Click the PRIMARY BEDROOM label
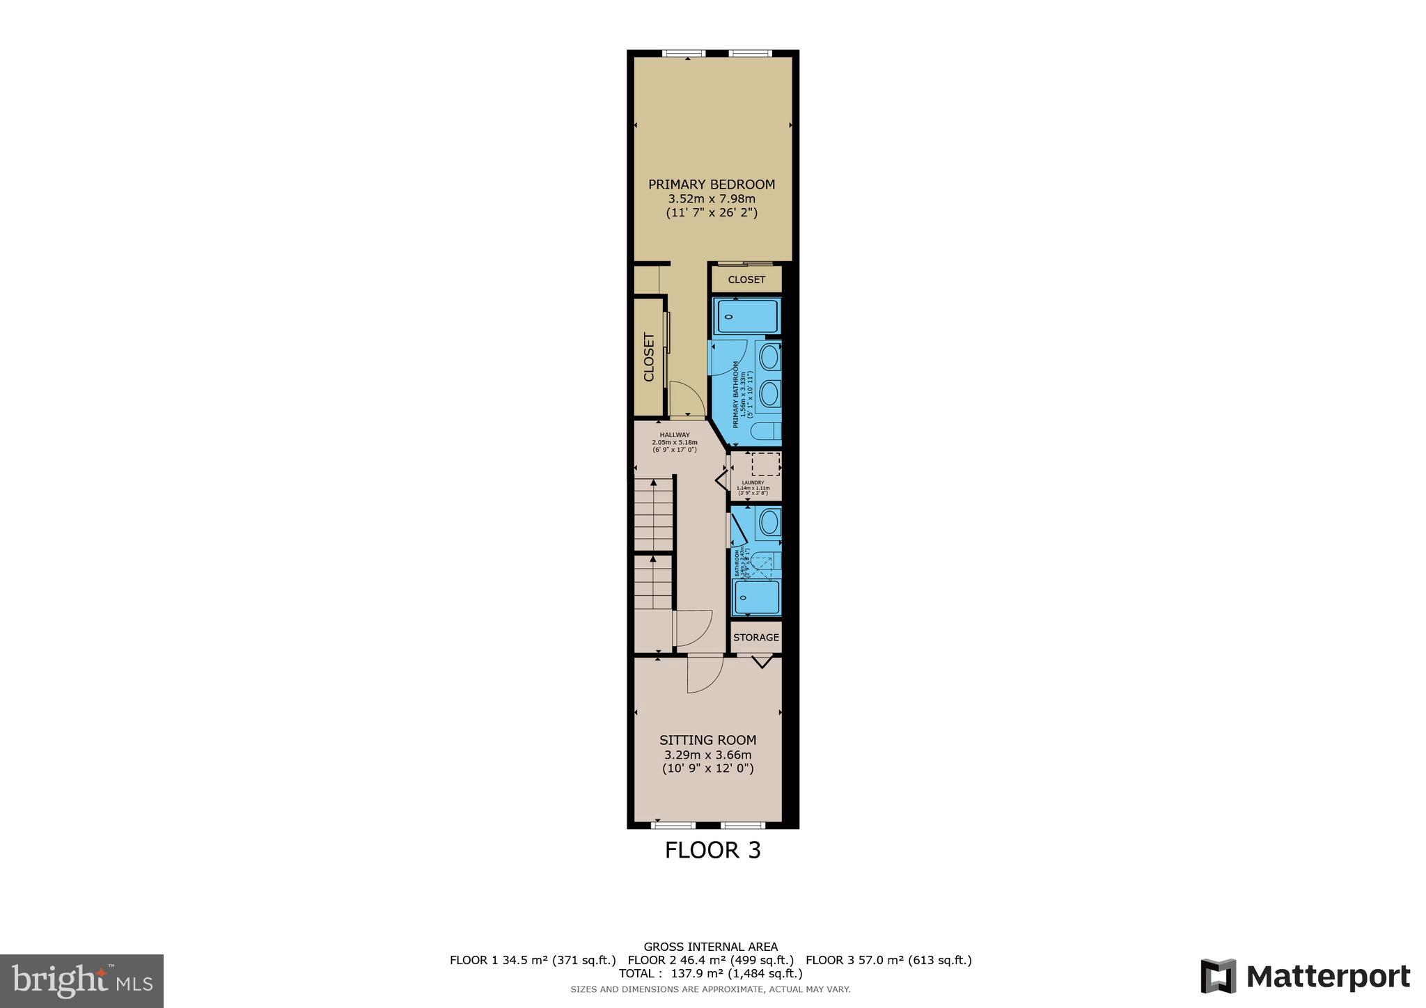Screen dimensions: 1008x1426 tap(711, 184)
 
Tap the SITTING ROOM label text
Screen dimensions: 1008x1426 tap(707, 740)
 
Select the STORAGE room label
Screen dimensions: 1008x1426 tap(755, 637)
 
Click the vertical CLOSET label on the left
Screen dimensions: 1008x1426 tap(649, 357)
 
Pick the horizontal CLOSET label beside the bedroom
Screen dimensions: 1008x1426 tap(746, 279)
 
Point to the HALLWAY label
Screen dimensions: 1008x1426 tap(675, 435)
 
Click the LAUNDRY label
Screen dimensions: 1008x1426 tap(753, 482)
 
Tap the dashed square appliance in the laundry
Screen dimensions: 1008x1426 tap(766, 464)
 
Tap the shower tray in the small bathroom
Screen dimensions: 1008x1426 tap(758, 597)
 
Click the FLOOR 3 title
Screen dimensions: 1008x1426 tap(712, 850)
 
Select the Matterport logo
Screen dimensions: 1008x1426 tap(1305, 976)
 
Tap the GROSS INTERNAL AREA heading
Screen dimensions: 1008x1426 tap(710, 946)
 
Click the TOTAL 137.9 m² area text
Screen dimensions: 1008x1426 tap(710, 973)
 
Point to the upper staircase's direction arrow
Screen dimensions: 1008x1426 tap(653, 482)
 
